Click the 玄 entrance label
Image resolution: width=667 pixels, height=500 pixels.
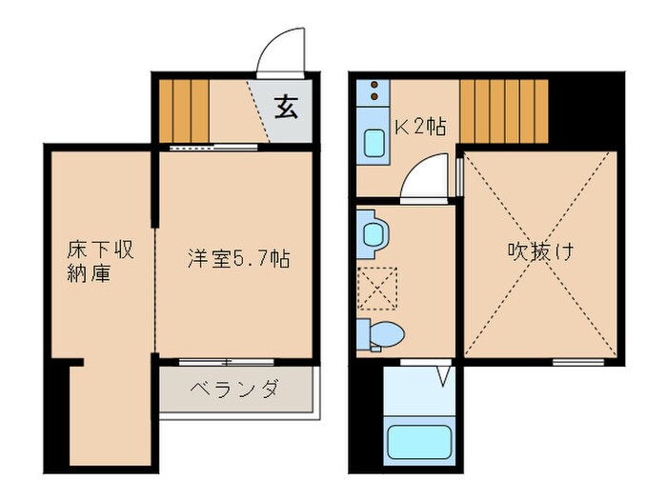coord(286,107)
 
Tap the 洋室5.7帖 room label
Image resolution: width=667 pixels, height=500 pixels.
coord(239,258)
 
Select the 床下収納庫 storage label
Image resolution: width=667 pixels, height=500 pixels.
coord(101,262)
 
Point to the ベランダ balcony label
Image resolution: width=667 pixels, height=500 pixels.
coord(235,389)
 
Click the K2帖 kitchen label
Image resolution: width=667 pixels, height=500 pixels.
coord(421,127)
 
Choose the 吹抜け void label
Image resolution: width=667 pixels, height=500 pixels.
coord(540,251)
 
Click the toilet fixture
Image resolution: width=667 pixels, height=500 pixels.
coord(381,334)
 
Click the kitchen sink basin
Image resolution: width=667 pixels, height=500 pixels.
coord(374,143)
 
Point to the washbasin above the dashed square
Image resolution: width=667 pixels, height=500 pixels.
coord(374,234)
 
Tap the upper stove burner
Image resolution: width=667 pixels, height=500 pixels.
coord(374,84)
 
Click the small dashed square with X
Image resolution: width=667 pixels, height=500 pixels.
coord(377,288)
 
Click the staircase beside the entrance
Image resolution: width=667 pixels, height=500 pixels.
coord(184,111)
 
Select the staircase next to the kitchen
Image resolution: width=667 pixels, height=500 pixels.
coord(504,111)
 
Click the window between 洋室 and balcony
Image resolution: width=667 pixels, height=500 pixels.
coord(227,362)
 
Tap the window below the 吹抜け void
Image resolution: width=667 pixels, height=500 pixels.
coord(578,362)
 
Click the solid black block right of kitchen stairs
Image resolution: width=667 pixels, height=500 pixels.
coord(586,110)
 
